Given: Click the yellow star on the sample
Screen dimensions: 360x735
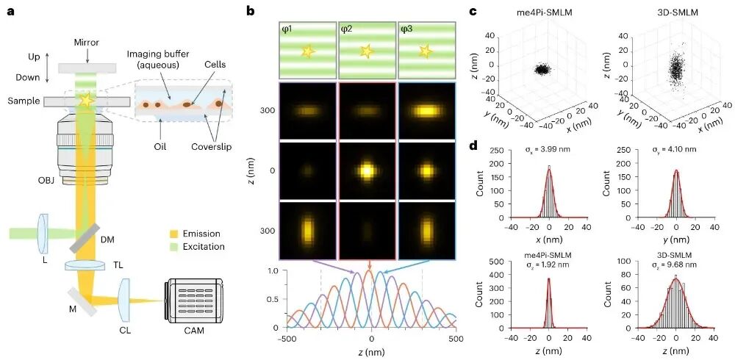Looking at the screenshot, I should [x=87, y=101].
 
